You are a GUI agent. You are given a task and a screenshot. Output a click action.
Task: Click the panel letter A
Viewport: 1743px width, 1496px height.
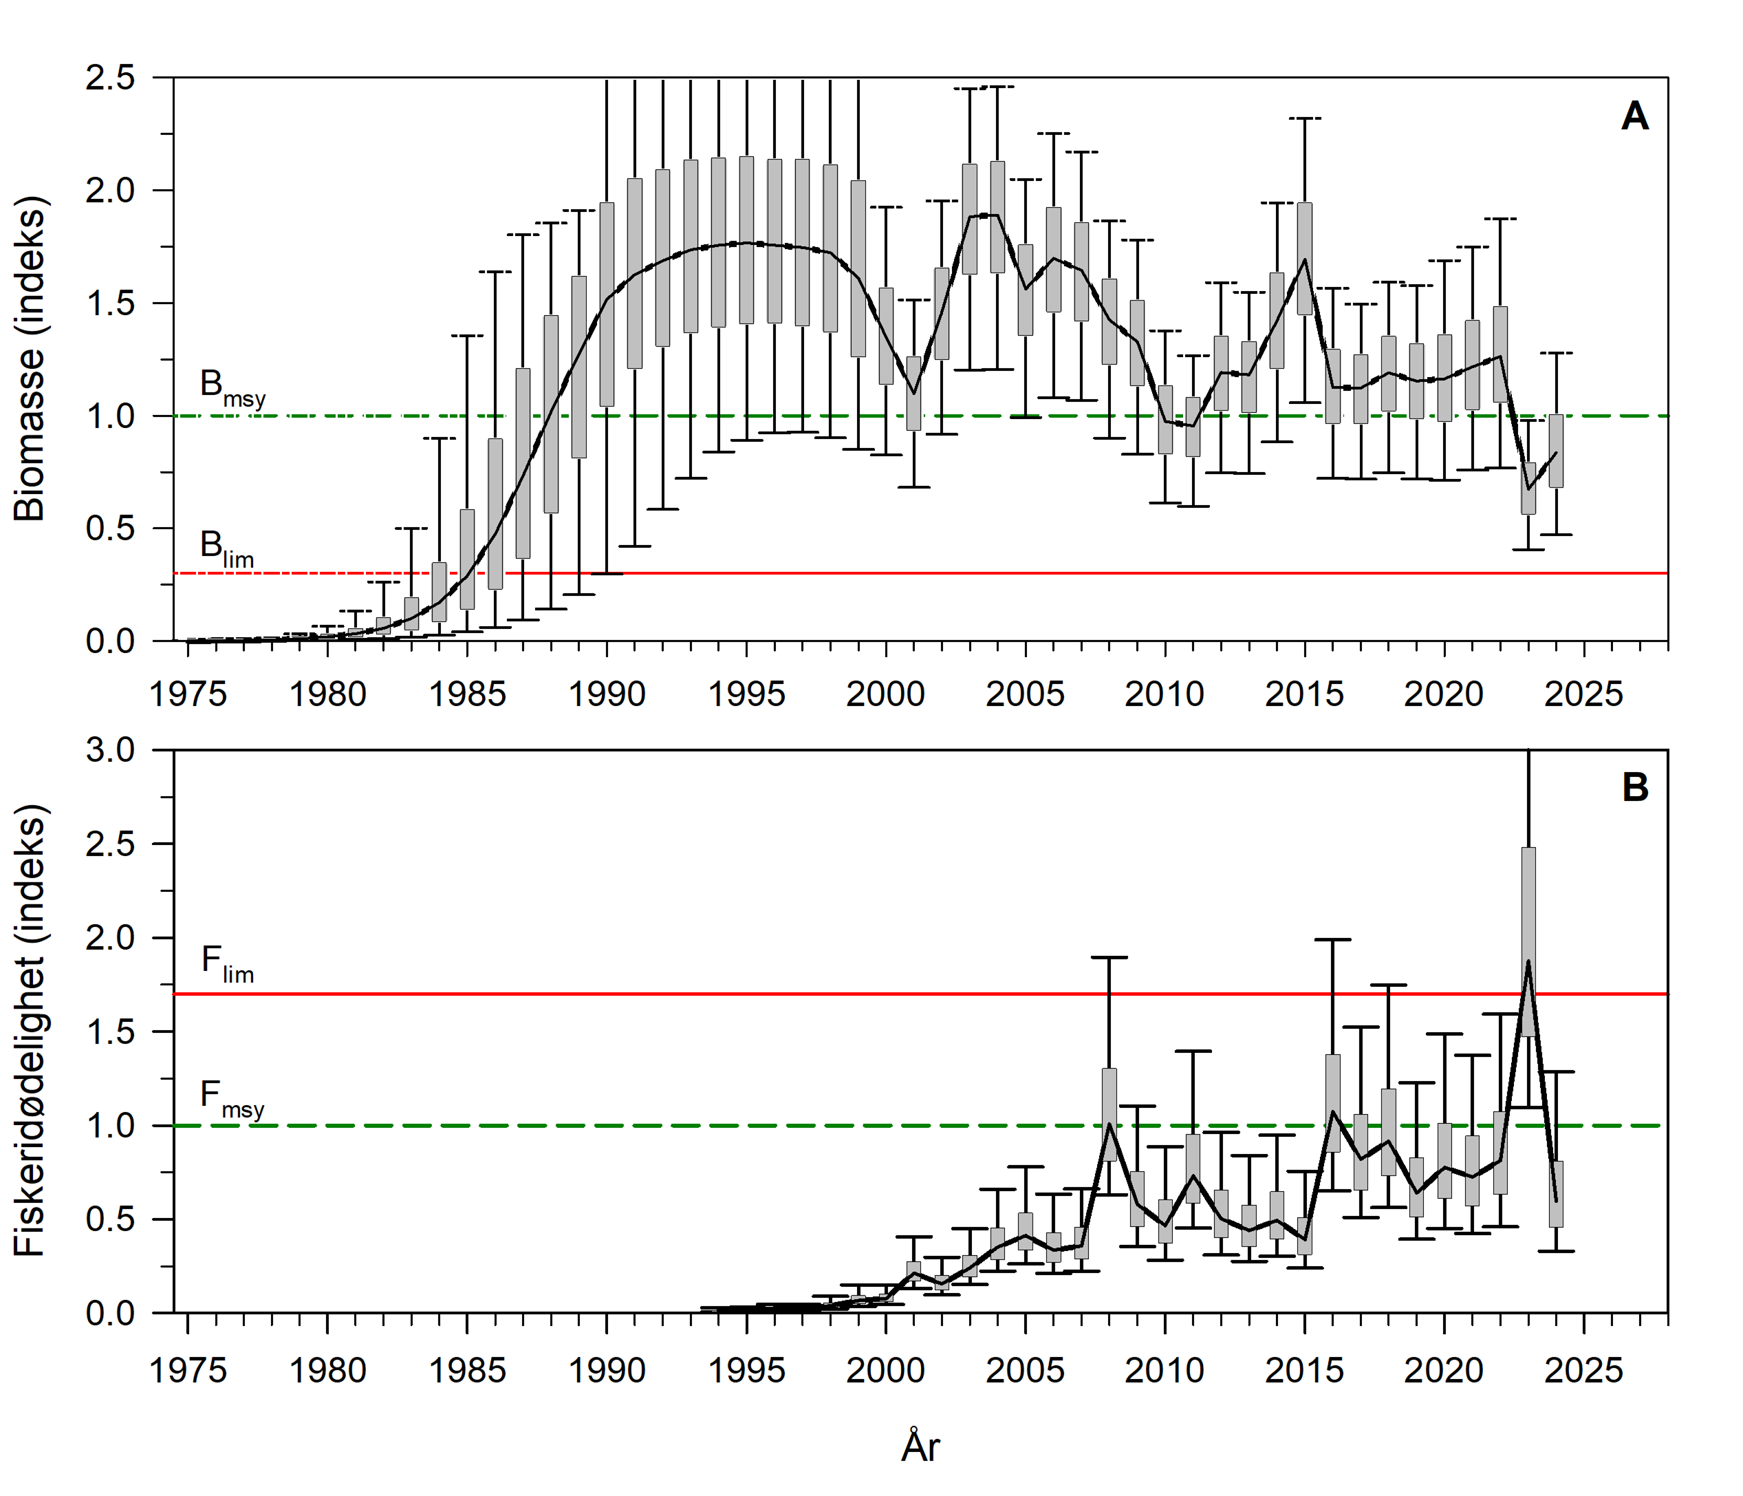point(1634,116)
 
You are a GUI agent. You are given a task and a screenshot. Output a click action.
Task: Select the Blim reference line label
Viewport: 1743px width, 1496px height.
point(226,548)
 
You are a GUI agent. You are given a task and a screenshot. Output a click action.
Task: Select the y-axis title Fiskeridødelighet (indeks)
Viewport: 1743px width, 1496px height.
point(30,1030)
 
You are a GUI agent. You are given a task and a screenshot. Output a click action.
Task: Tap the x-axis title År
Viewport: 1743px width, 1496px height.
point(920,1446)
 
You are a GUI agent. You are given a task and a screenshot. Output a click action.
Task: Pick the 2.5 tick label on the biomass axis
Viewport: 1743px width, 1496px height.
point(110,78)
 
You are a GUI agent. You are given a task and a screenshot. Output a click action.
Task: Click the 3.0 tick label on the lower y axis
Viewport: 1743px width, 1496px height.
point(110,749)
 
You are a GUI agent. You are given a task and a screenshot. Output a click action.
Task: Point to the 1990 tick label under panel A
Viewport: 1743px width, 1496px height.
point(607,694)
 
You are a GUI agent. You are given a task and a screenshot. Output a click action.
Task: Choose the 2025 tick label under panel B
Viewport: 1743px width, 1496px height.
point(1583,1371)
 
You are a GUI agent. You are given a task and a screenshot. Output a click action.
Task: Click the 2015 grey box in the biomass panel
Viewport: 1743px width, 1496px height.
point(1305,258)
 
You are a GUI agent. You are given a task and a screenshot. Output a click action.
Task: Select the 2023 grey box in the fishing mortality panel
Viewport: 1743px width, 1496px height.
point(1528,941)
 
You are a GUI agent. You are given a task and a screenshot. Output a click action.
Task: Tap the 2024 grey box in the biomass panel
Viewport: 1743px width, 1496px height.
point(1556,451)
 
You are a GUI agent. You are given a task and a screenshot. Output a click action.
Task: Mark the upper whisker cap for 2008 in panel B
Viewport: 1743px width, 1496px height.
point(1109,957)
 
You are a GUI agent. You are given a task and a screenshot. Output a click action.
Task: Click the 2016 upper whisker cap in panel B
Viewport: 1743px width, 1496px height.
point(1332,939)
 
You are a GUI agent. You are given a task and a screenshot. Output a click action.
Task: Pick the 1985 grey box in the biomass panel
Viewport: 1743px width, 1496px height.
point(467,559)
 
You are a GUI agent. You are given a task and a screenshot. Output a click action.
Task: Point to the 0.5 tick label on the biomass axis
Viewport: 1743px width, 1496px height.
point(110,528)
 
